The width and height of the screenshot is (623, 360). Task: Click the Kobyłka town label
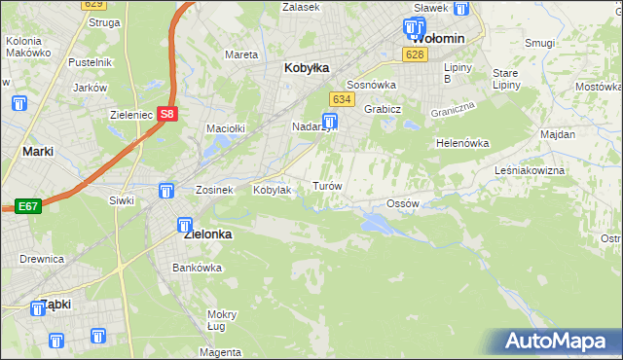306,68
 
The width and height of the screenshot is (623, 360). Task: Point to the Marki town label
37,152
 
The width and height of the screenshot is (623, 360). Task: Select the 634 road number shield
341,99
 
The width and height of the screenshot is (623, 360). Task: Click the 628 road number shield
416,54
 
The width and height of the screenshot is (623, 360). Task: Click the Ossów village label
402,203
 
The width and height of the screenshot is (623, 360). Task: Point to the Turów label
326,185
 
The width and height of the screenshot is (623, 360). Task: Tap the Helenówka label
462,143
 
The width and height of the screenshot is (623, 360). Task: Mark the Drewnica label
41,259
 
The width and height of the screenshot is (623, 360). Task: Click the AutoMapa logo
556,341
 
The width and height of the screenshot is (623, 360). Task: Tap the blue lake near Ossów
378,225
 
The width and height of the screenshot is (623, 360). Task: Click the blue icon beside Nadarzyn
331,122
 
